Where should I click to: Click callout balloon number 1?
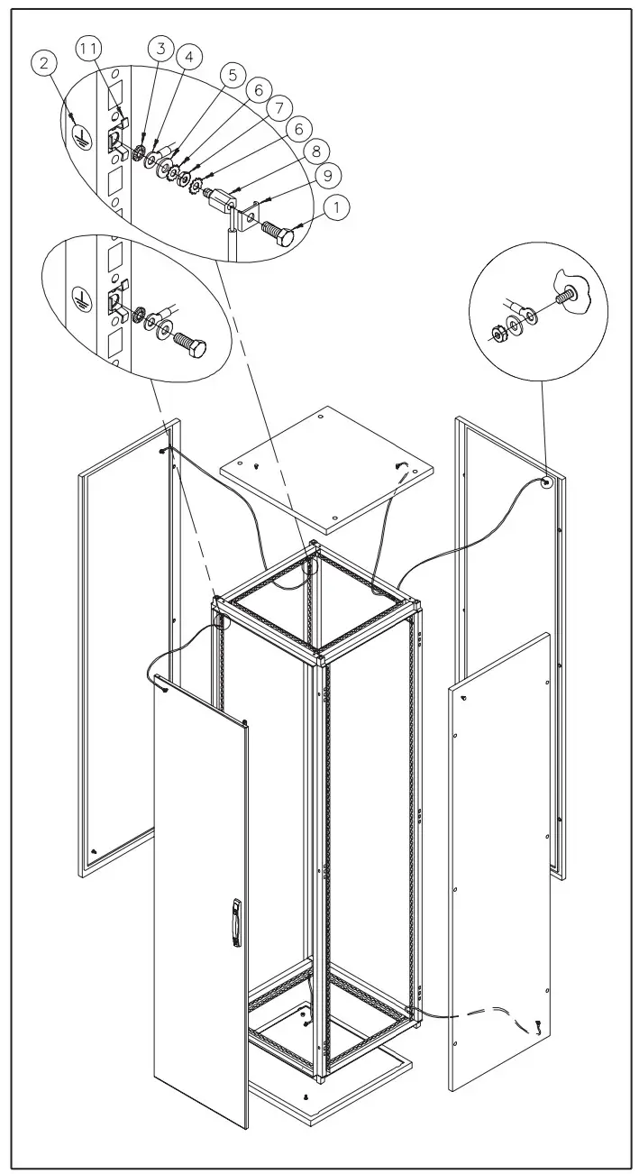pyautogui.click(x=336, y=209)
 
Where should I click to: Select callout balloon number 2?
pyautogui.click(x=47, y=63)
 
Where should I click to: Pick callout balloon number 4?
pyautogui.click(x=188, y=57)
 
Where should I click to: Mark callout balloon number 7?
pyautogui.click(x=278, y=107)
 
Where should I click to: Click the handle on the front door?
pyautogui.click(x=237, y=922)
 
